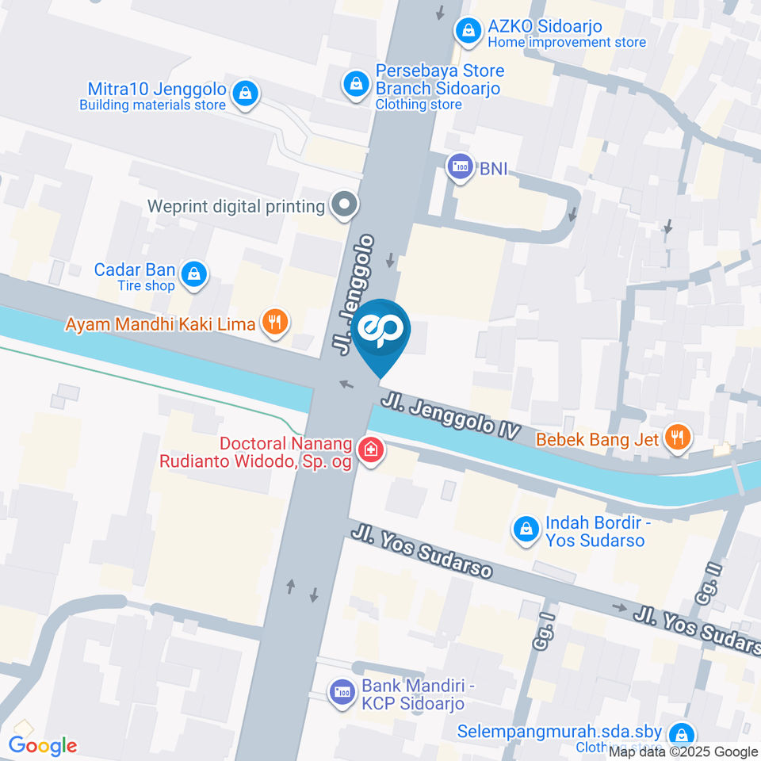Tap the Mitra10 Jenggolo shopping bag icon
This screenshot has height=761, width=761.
point(247,93)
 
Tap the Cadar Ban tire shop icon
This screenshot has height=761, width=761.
point(193,275)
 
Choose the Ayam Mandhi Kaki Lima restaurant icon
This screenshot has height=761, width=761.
point(275,323)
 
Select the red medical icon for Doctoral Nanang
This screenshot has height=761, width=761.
point(369,452)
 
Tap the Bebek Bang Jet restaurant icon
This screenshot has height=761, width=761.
point(678,437)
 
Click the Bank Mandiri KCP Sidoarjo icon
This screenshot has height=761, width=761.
point(342,693)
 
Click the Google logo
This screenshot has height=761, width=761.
point(43,746)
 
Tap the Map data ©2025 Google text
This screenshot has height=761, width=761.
point(683,752)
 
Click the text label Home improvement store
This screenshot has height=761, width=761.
point(567,43)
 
